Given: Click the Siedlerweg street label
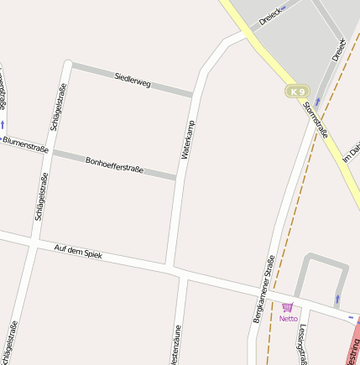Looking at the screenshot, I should coord(132,81).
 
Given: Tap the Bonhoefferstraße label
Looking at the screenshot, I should coord(114,164).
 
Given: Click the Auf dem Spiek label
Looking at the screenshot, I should coord(77,250).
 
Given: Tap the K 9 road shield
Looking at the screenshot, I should coord(296,91).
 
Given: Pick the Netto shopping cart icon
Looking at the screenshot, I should coord(288,308).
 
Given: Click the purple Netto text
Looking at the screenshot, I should coord(289,319).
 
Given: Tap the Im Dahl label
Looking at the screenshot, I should coord(352,151).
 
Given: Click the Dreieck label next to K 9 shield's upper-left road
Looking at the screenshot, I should coord(269,17).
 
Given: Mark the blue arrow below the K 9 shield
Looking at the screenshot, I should coord(317,102).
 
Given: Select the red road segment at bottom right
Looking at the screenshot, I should coord(353,344).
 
